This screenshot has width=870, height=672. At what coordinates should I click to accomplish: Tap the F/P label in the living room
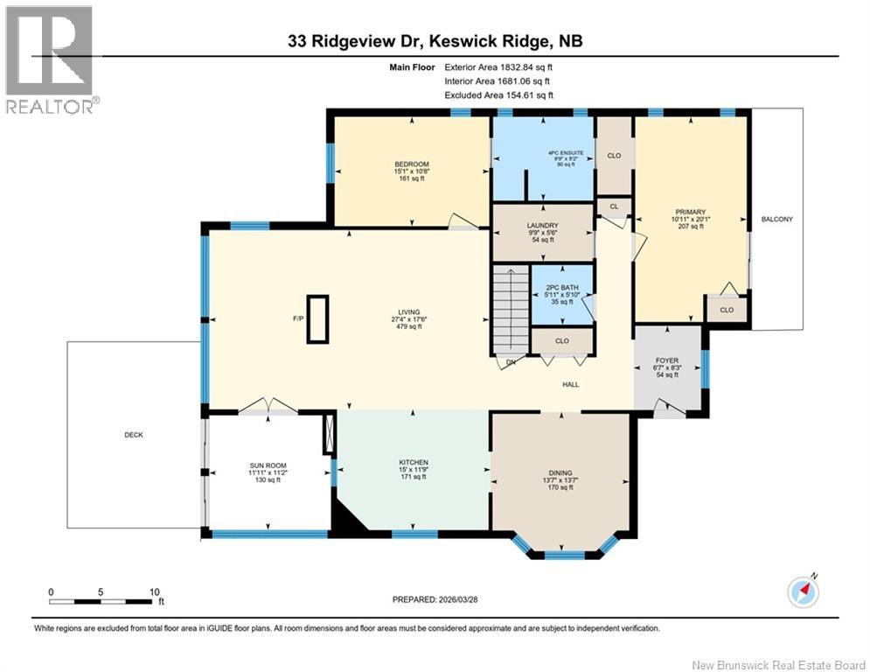coord(297,318)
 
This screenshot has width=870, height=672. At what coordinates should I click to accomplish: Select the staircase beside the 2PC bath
coord(511,310)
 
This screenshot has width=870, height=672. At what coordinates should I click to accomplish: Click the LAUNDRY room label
coord(542,225)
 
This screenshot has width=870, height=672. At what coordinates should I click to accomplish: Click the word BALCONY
coord(777,219)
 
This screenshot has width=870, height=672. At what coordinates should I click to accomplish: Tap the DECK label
coord(133,435)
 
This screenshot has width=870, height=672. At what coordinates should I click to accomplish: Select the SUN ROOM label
coord(268,465)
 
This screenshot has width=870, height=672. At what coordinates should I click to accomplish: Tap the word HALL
coord(570,384)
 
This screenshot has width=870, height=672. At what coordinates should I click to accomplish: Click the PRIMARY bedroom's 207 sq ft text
coord(687,227)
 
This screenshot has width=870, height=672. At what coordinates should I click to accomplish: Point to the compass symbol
coord(802,591)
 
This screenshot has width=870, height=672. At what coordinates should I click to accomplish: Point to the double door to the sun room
coord(268,405)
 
